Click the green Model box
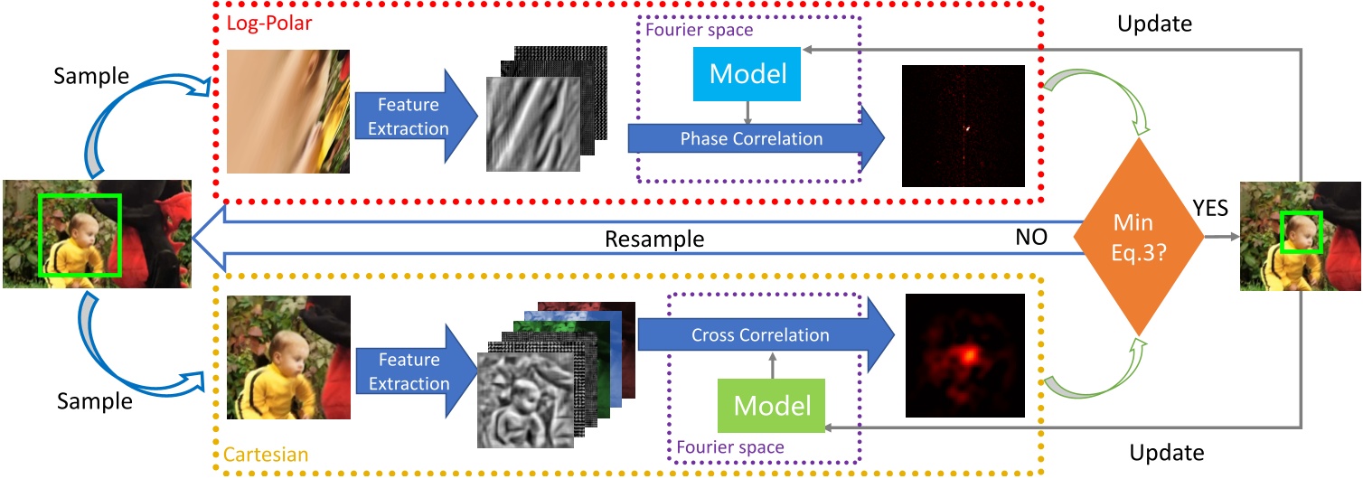point(771,405)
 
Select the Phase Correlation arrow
point(750,139)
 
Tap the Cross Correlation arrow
point(759,335)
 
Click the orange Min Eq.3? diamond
point(1138,239)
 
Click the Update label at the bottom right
point(1167,452)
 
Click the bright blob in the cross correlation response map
point(967,354)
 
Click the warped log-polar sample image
point(288,112)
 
